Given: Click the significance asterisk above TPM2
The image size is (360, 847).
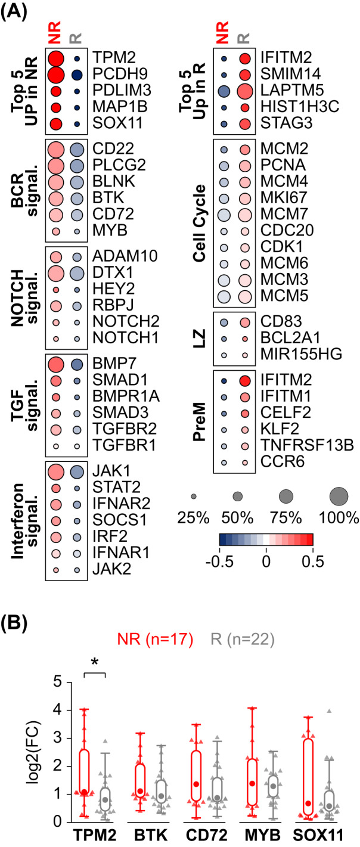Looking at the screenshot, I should click(x=94, y=659).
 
